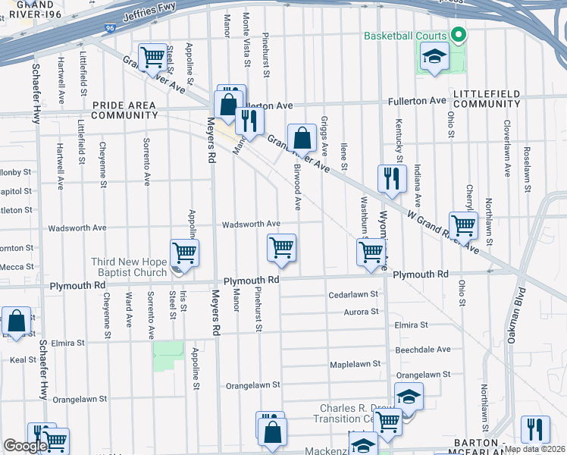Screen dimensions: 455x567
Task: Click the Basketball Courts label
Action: tap(406, 36)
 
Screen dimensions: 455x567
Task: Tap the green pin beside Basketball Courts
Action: tap(458, 35)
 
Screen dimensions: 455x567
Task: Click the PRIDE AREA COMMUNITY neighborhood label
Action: tap(125, 110)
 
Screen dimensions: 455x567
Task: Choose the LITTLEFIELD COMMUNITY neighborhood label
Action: tap(487, 98)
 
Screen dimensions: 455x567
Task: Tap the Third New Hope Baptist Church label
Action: tap(129, 268)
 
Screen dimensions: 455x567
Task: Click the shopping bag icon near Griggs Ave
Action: tap(302, 139)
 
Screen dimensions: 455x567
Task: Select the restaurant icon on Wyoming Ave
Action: tap(392, 180)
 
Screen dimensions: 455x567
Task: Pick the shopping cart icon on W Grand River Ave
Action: tap(463, 224)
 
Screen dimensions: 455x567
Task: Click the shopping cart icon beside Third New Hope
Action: tap(184, 253)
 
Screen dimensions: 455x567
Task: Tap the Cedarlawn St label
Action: tap(352, 295)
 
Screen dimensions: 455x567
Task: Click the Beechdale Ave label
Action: tap(423, 350)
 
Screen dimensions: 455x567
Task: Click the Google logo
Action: tap(25, 446)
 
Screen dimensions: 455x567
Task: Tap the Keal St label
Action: tap(23, 360)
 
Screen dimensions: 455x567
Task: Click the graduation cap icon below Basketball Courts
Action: tap(434, 57)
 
